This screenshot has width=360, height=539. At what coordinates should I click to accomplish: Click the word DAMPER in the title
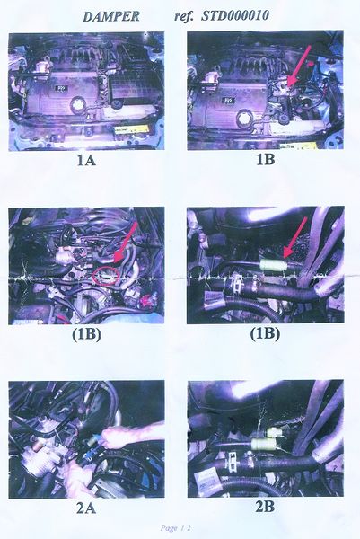point(111,16)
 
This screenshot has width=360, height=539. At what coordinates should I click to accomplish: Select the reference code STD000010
point(234,15)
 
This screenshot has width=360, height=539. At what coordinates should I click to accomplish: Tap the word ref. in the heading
point(184,16)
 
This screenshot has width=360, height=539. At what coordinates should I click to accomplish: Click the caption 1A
point(86,160)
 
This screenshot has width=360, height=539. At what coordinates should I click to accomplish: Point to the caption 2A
point(86,508)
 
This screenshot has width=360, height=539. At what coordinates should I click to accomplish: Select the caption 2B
point(265,507)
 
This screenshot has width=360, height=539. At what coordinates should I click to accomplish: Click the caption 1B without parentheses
point(265,160)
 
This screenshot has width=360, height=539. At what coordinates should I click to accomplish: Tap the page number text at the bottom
point(175,528)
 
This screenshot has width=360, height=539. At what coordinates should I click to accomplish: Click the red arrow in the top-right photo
point(299,66)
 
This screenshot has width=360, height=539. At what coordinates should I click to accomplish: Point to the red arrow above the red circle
point(125,243)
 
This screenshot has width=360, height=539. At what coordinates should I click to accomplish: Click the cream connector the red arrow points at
point(272,266)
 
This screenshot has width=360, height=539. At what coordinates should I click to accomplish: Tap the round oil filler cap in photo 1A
point(77,104)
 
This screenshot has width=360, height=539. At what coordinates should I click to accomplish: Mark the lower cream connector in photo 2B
point(262,444)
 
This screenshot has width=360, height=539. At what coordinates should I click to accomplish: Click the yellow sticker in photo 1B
point(297,145)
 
